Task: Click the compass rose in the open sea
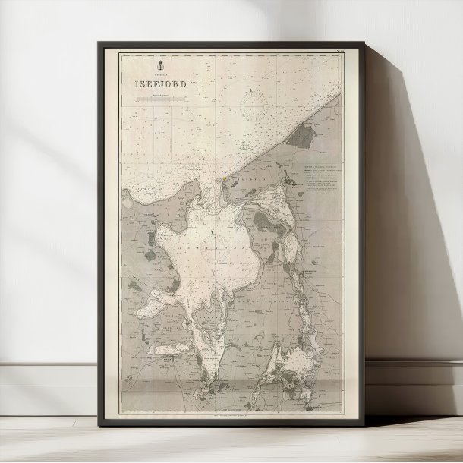click(250, 106)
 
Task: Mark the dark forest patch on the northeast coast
click(303, 136)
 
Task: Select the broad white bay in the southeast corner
click(300, 364)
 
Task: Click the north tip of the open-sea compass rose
click(250, 92)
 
